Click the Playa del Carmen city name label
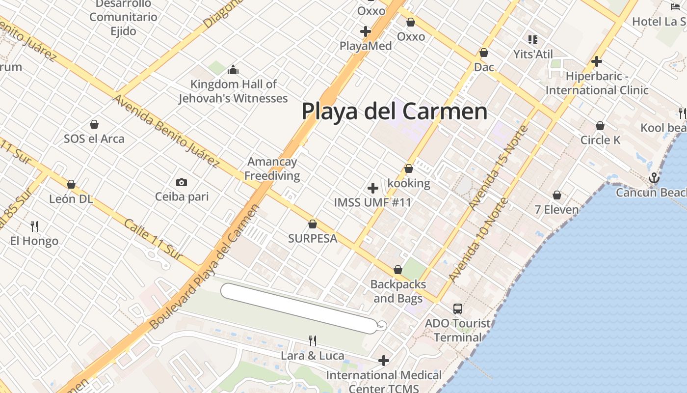pyautogui.click(x=394, y=112)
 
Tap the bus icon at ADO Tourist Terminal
pyautogui.click(x=457, y=309)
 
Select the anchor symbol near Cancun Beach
pyautogui.click(x=654, y=178)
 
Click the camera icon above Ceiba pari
pyautogui.click(x=182, y=183)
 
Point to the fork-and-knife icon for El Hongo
pyautogui.click(x=34, y=226)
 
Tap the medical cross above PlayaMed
pyautogui.click(x=366, y=31)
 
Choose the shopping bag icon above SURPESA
pyautogui.click(x=312, y=225)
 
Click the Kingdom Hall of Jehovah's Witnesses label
pyautogui.click(x=233, y=91)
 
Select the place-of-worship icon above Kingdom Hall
pyautogui.click(x=233, y=70)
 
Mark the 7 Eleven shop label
pyautogui.click(x=556, y=210)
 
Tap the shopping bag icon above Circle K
pyautogui.click(x=600, y=126)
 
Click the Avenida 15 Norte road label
pyautogui.click(x=498, y=167)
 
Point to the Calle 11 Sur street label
pyautogui.click(x=153, y=239)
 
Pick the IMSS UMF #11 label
pyautogui.click(x=372, y=202)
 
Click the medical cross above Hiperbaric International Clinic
pyautogui.click(x=597, y=61)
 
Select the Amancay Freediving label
pyautogui.click(x=272, y=168)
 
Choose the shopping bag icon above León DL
pyautogui.click(x=71, y=185)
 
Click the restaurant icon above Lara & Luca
pyautogui.click(x=312, y=340)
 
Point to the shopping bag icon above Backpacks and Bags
pyautogui.click(x=398, y=270)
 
